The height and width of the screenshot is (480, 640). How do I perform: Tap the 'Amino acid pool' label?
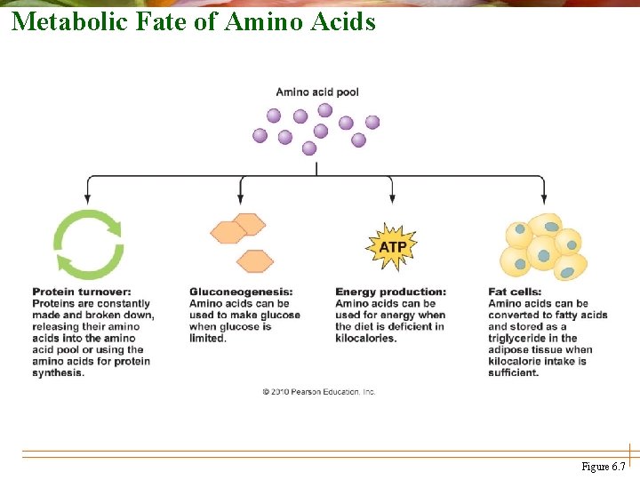click(x=317, y=92)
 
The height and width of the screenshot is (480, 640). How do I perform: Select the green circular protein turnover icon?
click(x=88, y=244)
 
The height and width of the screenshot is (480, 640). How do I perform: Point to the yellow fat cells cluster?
click(x=544, y=246)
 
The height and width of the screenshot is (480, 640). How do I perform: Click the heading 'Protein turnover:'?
click(x=81, y=292)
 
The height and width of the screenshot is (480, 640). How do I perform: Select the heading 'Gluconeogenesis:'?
click(x=241, y=292)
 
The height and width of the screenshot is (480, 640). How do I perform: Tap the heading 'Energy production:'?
click(x=390, y=292)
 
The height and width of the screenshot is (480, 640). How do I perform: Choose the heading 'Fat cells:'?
click(x=514, y=292)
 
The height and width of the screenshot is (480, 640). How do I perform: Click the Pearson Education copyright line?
click(x=318, y=391)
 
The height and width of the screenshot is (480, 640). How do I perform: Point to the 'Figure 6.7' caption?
click(x=603, y=467)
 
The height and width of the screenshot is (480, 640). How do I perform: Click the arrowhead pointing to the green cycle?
click(x=87, y=196)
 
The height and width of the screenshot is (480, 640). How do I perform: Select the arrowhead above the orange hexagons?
click(x=241, y=196)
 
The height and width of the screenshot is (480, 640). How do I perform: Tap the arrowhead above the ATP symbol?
click(x=392, y=196)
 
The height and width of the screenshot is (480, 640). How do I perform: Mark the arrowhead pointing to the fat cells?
click(x=544, y=196)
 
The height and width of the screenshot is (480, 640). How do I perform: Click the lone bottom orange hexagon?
click(x=255, y=261)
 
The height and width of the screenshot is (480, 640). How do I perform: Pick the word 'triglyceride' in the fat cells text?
click(x=520, y=338)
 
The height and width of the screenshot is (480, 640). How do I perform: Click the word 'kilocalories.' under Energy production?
click(x=365, y=338)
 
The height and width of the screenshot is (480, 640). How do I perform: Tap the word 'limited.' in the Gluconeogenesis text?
click(x=208, y=338)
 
